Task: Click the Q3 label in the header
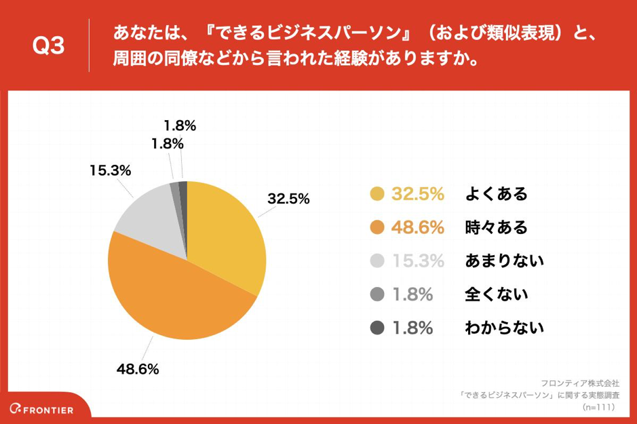(x=48, y=46)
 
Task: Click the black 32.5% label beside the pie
(x=288, y=199)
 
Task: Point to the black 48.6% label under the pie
(x=137, y=369)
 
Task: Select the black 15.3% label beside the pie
(x=109, y=171)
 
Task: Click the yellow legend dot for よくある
(x=377, y=194)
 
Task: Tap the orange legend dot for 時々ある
(x=377, y=227)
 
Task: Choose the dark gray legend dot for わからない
(x=377, y=328)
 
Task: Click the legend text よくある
(x=496, y=194)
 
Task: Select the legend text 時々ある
(x=496, y=227)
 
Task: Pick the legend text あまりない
(x=505, y=261)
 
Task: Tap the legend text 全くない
(x=496, y=294)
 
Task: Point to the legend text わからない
(x=505, y=328)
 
